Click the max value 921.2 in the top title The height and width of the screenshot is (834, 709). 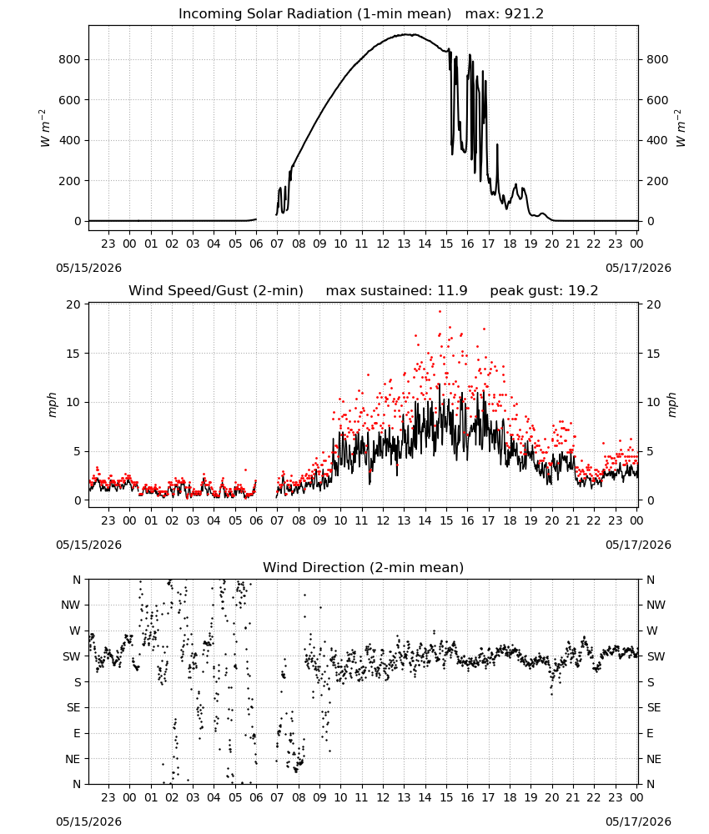click(524, 14)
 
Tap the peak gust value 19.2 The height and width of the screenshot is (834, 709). click(581, 291)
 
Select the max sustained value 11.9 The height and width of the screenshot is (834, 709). click(452, 291)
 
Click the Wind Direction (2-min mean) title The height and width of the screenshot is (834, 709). click(364, 567)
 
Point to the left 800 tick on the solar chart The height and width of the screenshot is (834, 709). click(69, 59)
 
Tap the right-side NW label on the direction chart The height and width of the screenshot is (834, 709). click(656, 605)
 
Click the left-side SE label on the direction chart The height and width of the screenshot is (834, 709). click(73, 708)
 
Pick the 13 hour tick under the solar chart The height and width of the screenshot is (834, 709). click(404, 244)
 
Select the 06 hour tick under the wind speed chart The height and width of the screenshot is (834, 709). click(256, 520)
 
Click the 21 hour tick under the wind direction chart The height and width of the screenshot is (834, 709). click(573, 798)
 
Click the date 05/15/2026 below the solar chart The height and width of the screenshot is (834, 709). click(88, 268)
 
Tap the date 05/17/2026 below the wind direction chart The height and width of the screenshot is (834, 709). click(638, 821)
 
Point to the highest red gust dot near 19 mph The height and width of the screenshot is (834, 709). click(440, 312)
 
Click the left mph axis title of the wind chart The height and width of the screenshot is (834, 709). click(52, 404)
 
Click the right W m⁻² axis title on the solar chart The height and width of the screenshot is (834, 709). click(681, 128)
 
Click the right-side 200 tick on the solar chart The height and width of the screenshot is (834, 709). click(657, 181)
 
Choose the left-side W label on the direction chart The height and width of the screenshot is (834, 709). click(76, 631)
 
